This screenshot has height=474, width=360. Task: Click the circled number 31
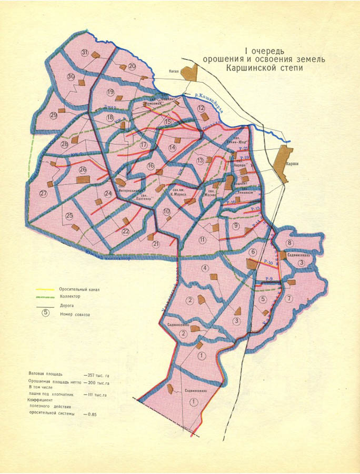[85, 52]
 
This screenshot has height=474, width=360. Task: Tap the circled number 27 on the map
[43, 193]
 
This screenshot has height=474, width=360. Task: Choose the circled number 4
[204, 268]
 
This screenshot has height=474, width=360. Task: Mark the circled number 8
[289, 243]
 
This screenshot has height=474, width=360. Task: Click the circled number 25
[69, 216]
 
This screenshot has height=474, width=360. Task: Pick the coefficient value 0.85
[92, 414]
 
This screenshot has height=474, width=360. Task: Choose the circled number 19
[111, 92]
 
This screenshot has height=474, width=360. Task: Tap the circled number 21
[156, 244]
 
